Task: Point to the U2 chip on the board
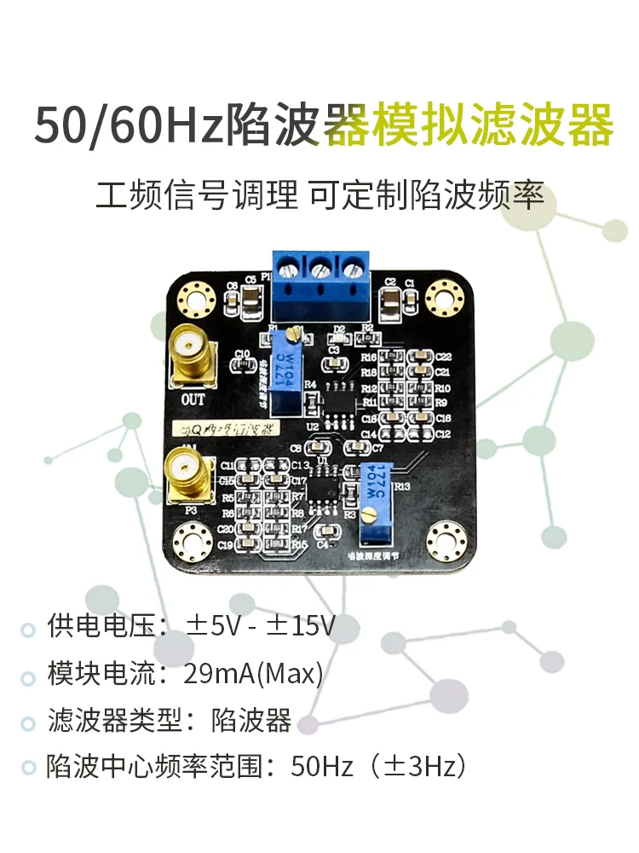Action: [x=340, y=401]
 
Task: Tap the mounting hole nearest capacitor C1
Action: [x=444, y=297]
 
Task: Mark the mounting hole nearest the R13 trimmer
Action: [x=444, y=539]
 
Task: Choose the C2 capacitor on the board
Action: [x=390, y=299]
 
